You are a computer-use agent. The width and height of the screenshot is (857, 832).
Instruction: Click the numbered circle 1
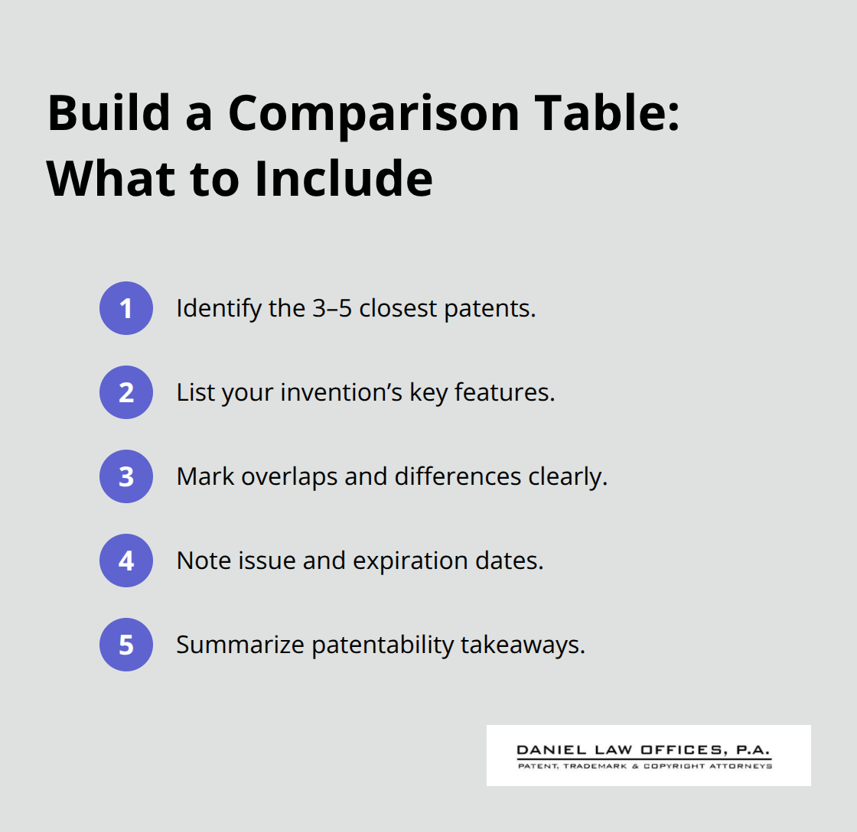(126, 308)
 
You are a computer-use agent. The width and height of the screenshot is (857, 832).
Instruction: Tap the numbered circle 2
(126, 392)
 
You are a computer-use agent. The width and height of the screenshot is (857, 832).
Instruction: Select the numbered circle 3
(126, 476)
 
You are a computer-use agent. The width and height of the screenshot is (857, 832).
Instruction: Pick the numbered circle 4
(126, 561)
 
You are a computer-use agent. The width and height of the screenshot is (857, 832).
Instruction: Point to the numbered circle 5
(126, 645)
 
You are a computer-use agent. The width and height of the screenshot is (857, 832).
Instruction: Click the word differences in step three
(459, 476)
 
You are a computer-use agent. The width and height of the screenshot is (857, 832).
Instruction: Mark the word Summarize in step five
(239, 645)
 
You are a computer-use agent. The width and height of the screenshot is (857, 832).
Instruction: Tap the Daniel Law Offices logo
(648, 756)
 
